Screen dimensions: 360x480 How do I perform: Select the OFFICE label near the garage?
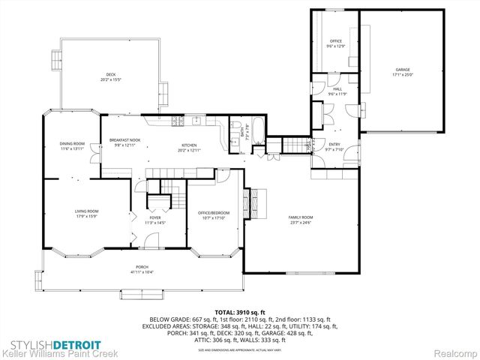pos(334,42)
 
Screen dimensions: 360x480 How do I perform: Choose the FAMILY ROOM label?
pos(301,217)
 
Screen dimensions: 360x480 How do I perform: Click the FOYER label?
pos(155,218)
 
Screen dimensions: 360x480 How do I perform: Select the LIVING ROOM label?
pos(86,212)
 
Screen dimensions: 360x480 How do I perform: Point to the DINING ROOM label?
pos(72,145)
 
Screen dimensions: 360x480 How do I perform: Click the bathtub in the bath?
pos(253,130)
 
